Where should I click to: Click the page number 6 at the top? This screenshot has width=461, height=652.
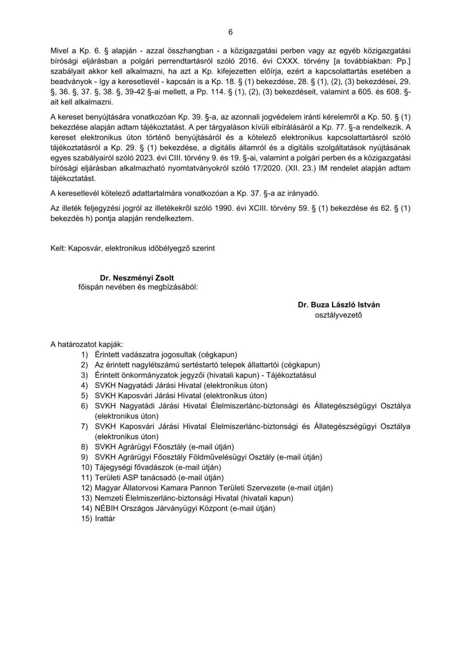tap(231, 32)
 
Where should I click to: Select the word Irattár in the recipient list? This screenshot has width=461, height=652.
tap(105, 518)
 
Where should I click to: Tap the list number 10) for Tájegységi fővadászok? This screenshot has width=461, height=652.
tap(87, 467)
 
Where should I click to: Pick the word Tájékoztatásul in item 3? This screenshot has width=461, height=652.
tap(292, 375)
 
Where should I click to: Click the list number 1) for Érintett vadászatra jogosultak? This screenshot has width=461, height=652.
tap(85, 355)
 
